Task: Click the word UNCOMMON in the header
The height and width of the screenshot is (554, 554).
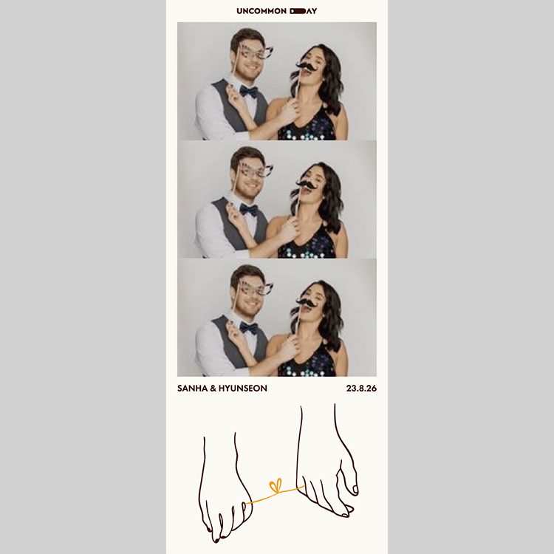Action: pyautogui.click(x=261, y=11)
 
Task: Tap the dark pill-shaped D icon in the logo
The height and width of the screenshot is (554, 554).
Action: pyautogui.click(x=298, y=11)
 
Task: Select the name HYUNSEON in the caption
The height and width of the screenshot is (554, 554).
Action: pyautogui.click(x=243, y=389)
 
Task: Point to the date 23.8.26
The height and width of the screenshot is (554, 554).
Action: pyautogui.click(x=361, y=389)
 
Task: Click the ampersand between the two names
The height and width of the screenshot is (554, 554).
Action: pyautogui.click(x=213, y=389)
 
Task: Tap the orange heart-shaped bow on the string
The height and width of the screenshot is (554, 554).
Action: pyautogui.click(x=276, y=485)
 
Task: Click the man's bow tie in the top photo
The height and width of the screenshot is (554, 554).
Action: pyautogui.click(x=249, y=92)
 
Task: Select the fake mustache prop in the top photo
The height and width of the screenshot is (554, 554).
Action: pyautogui.click(x=307, y=66)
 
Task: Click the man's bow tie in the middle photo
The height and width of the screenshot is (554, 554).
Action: pyautogui.click(x=249, y=211)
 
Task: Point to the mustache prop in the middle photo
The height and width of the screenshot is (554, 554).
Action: pyautogui.click(x=307, y=184)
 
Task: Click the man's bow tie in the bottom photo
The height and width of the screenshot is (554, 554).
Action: pyautogui.click(x=249, y=328)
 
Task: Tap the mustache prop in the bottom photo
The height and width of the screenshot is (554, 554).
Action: pyautogui.click(x=307, y=302)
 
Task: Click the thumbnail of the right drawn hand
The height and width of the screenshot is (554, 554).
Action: pyautogui.click(x=355, y=490)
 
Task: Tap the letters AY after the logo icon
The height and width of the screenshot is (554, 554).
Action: pyautogui.click(x=311, y=11)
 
